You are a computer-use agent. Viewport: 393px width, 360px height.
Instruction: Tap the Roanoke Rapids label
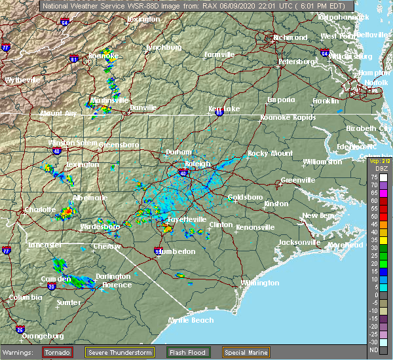click(x=288, y=117)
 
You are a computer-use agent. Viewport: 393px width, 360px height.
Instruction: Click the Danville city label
click(x=143, y=107)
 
